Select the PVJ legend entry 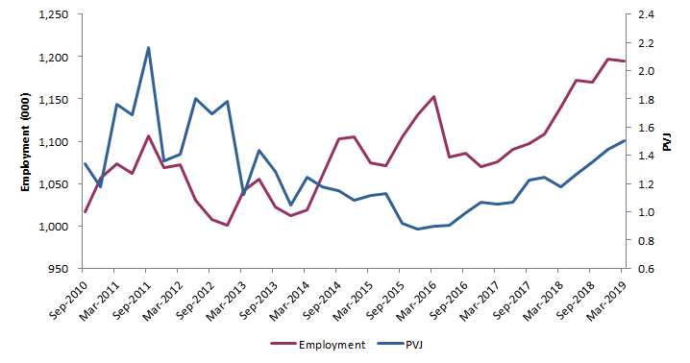tap(410, 345)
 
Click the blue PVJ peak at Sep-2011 tap(148, 47)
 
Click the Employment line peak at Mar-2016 tap(434, 96)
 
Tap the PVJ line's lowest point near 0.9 tap(418, 230)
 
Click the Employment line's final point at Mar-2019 tap(625, 61)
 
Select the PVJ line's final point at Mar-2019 tap(625, 140)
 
